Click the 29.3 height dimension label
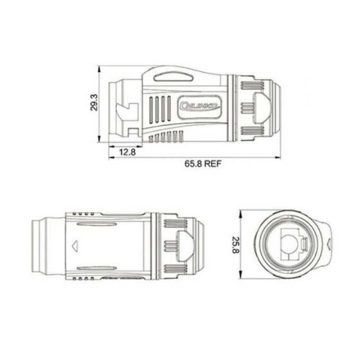click(94, 103)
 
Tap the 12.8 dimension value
click(128, 152)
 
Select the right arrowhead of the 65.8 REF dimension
click(280, 156)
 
